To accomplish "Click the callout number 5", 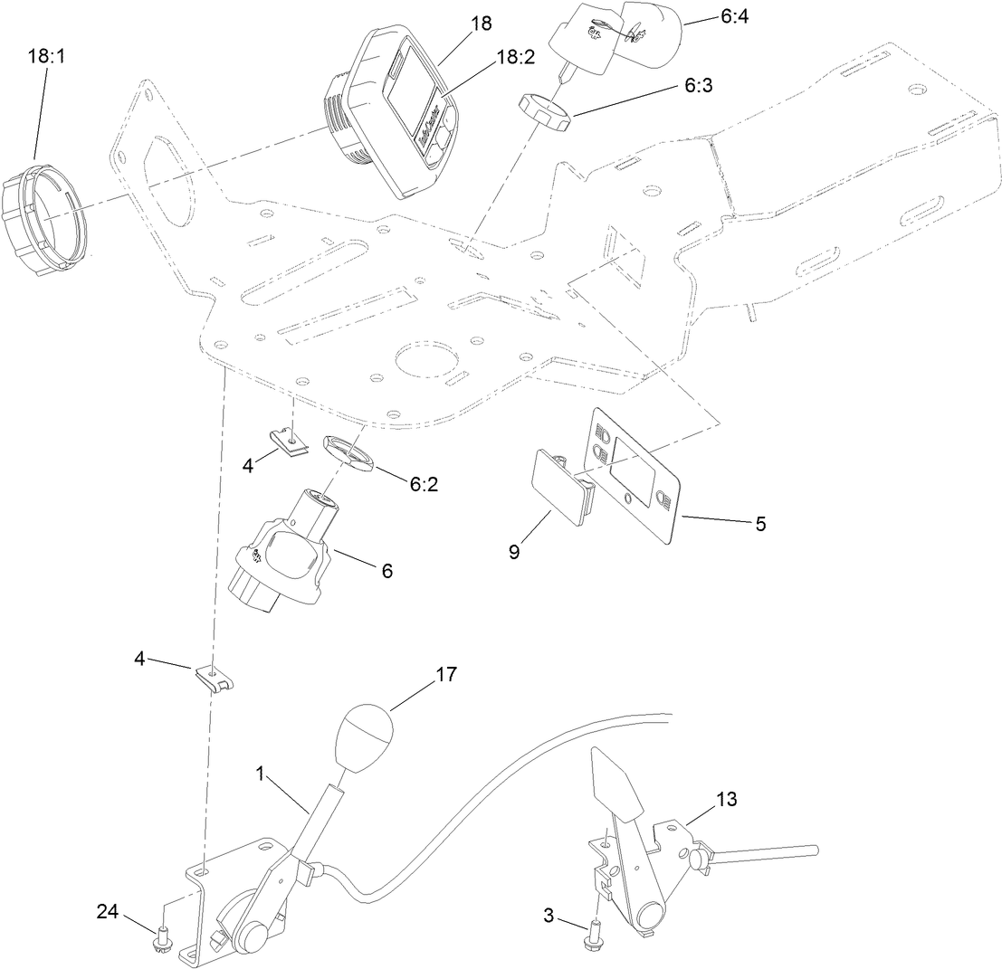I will pyautogui.click(x=760, y=524).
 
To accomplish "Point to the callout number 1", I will pyautogui.click(x=261, y=774).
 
